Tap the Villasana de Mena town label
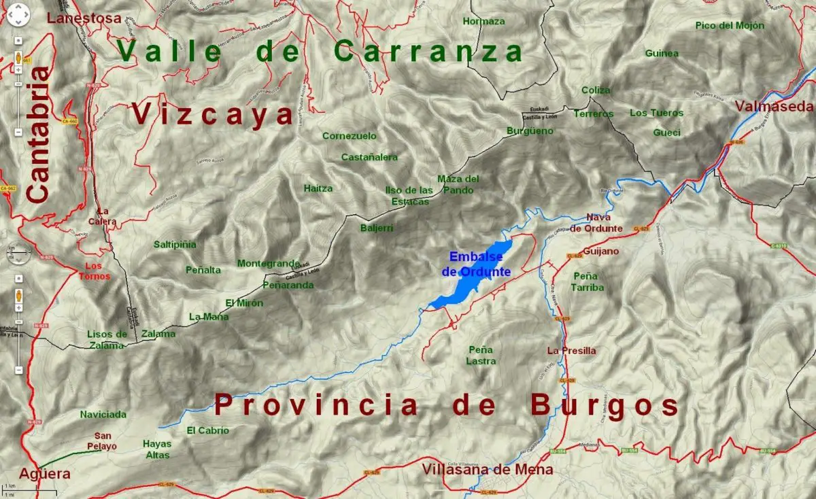click(487, 470)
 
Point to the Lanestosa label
click(85, 18)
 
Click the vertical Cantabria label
click(38, 133)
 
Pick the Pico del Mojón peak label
click(730, 26)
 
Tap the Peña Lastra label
click(481, 355)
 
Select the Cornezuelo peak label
click(350, 136)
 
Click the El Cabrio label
click(208, 430)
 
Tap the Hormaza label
click(483, 21)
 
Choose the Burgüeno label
click(530, 131)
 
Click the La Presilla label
click(571, 351)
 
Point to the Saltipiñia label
click(175, 244)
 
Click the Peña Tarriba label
click(588, 281)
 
